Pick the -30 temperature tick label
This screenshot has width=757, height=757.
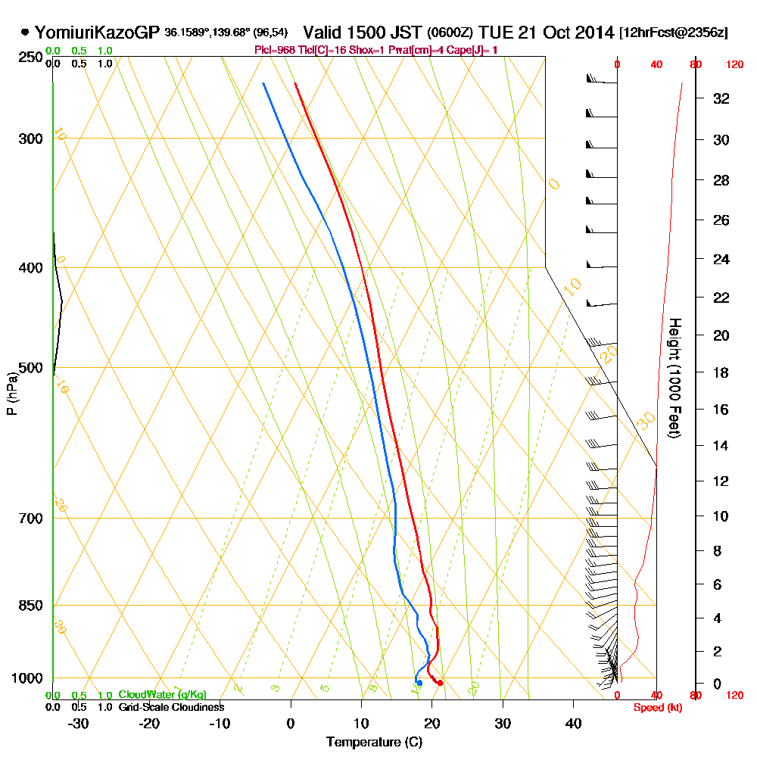78,723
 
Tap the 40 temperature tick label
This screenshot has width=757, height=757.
573,723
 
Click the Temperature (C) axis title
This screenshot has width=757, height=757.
374,742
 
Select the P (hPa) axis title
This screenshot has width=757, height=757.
11,393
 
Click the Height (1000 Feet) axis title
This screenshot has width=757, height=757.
674,378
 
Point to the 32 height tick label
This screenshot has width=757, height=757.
721,98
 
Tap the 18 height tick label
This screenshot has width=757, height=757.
721,372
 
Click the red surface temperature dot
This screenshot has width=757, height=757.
440,683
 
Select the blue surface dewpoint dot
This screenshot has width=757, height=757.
419,683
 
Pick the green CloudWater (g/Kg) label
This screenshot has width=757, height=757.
162,695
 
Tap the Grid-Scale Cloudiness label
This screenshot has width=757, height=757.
170,707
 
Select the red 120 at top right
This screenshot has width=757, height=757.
734,65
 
